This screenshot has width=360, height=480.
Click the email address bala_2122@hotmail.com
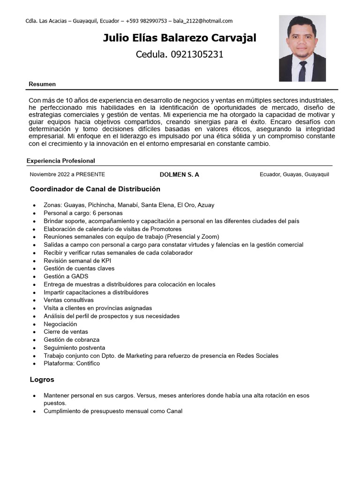coord(202,21)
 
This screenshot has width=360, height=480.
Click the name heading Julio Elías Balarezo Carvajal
coord(180,38)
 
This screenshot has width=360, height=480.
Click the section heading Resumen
coord(42,84)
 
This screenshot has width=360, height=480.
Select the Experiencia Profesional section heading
coord(61,161)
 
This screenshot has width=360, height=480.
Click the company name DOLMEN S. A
coord(180,174)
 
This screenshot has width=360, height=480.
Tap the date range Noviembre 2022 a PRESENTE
coord(67,174)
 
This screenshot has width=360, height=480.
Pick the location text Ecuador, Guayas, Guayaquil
coord(294,174)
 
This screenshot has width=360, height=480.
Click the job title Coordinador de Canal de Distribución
coord(95,189)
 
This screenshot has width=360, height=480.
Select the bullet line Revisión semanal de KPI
coord(77,261)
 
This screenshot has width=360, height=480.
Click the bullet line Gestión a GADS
coord(66,277)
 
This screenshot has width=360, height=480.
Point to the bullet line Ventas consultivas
coord(69,300)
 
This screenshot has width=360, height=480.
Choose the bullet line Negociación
coord(60,324)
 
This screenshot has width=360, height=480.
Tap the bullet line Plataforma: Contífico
coord(72,363)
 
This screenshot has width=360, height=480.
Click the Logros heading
coord(42,380)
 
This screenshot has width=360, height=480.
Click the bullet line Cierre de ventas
coord(66,332)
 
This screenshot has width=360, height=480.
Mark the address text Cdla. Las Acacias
coord(45,21)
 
